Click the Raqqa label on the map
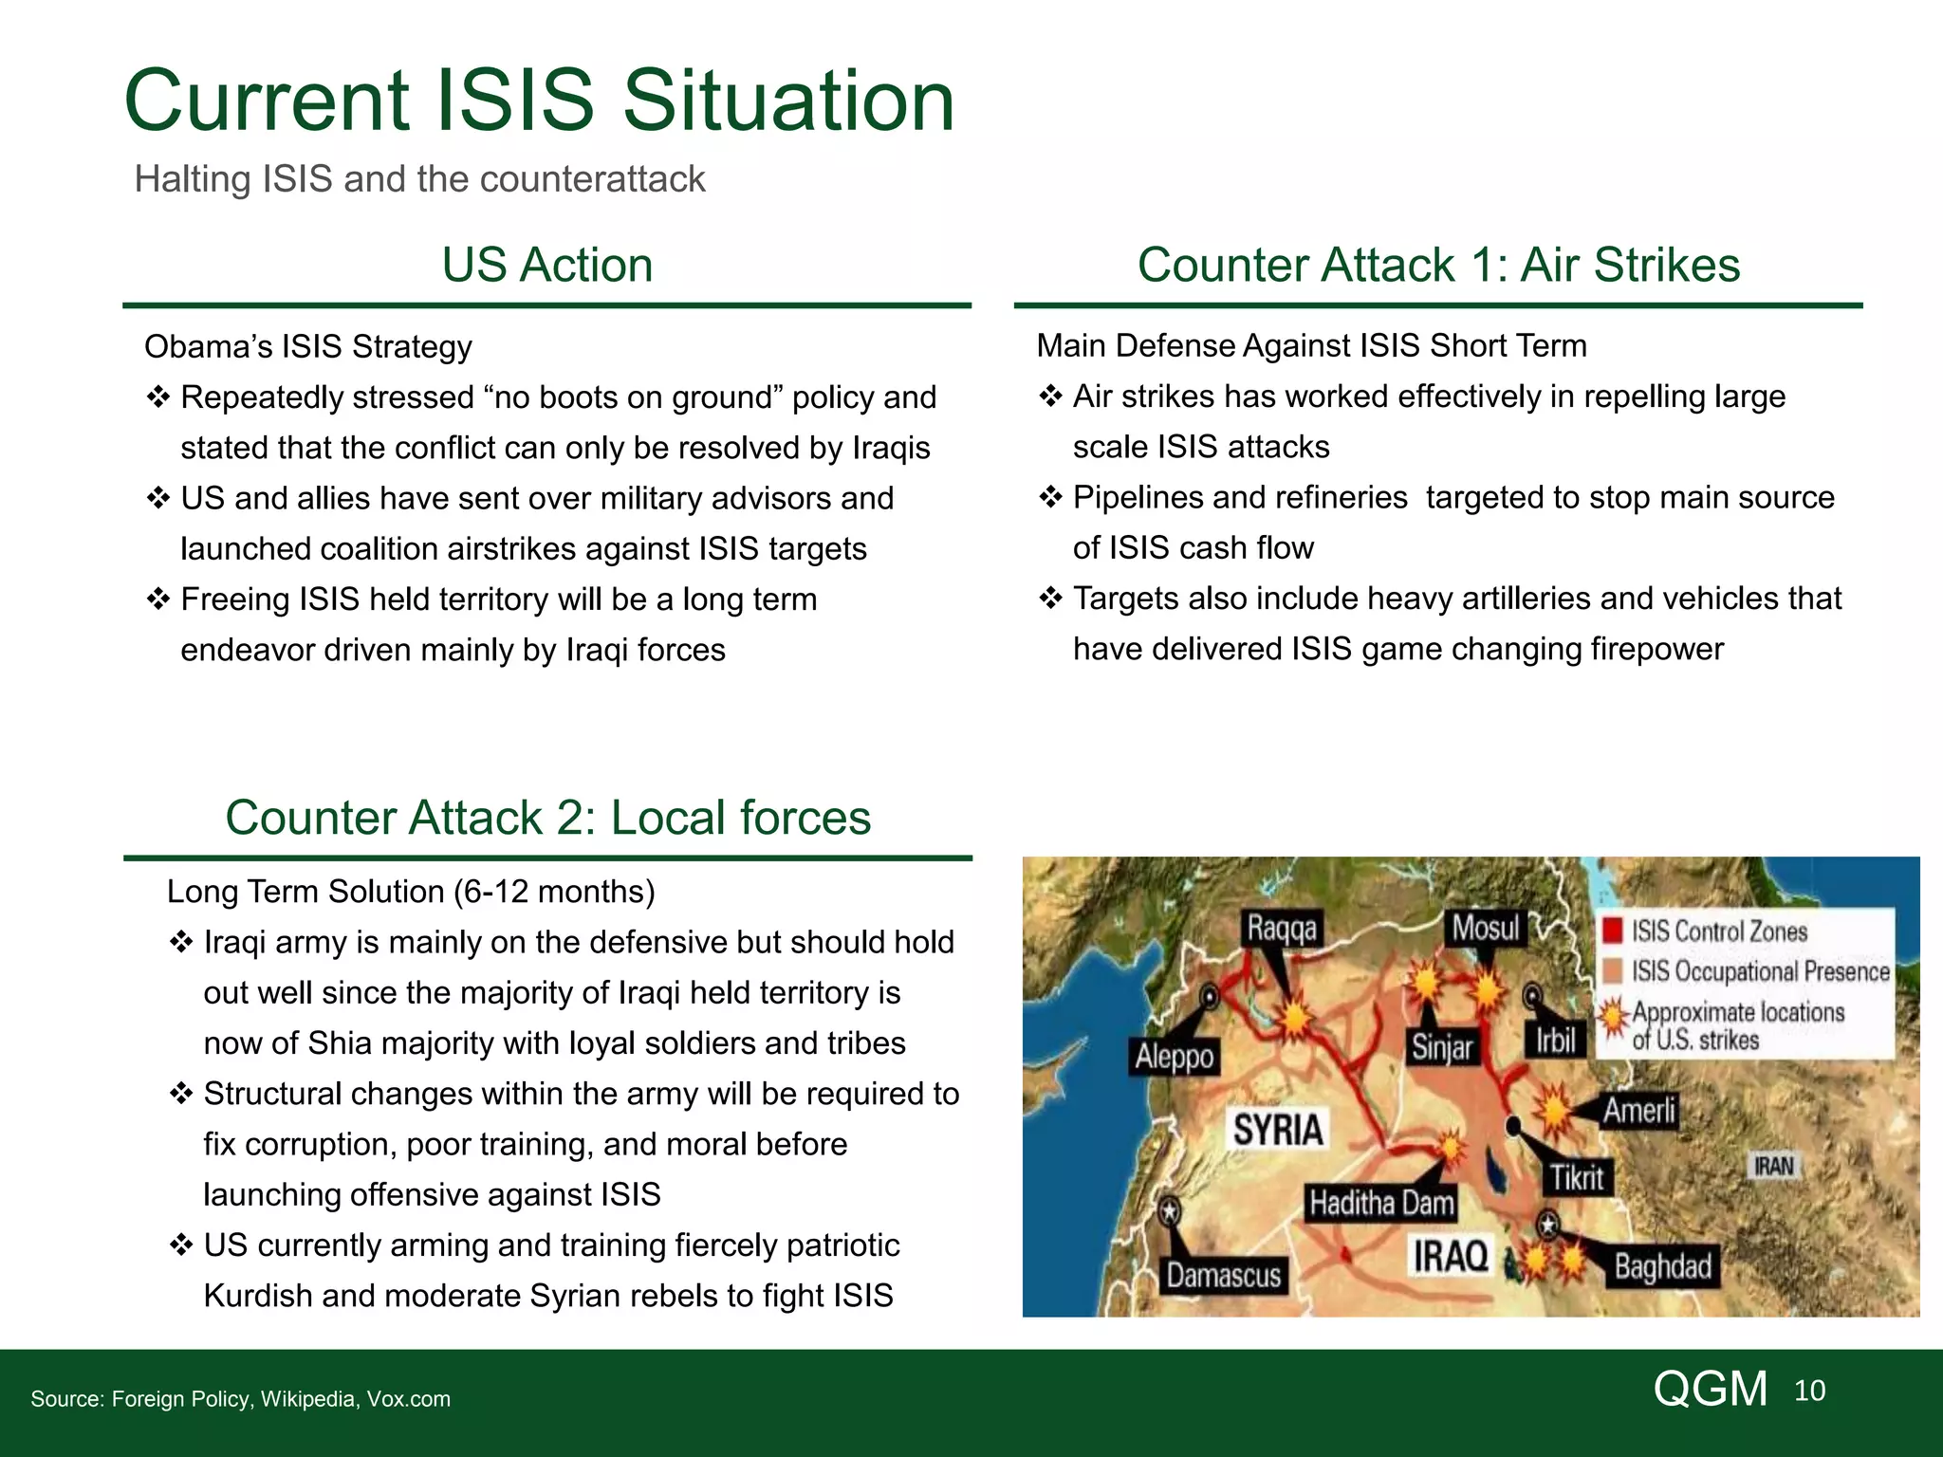click(x=1282, y=928)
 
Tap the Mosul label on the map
click(x=1486, y=927)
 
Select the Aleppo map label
click(x=1175, y=1057)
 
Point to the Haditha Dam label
click(x=1381, y=1203)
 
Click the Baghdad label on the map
click(x=1662, y=1266)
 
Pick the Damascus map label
click(x=1223, y=1275)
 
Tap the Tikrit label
click(x=1577, y=1178)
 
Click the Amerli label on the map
click(x=1639, y=1110)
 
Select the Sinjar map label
click(x=1442, y=1047)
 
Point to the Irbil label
click(x=1556, y=1041)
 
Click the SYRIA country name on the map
click(x=1278, y=1130)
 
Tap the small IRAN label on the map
click(x=1774, y=1166)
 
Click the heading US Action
click(x=547, y=265)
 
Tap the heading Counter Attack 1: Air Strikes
click(x=1438, y=265)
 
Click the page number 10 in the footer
click(x=1809, y=1391)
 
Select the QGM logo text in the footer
click(x=1711, y=1389)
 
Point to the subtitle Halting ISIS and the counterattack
click(x=419, y=179)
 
